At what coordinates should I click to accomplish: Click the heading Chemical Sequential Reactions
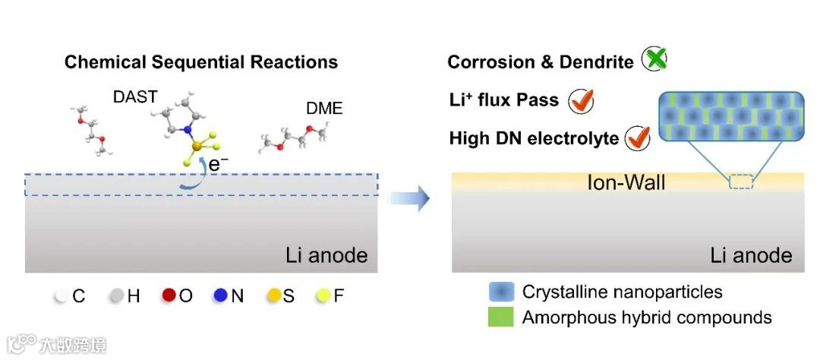coord(201,62)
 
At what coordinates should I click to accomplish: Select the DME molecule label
coord(324,109)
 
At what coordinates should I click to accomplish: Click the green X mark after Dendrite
coord(654,59)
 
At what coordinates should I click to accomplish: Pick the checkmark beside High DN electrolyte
coord(638,138)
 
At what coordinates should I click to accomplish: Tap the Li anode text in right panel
coord(751,255)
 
